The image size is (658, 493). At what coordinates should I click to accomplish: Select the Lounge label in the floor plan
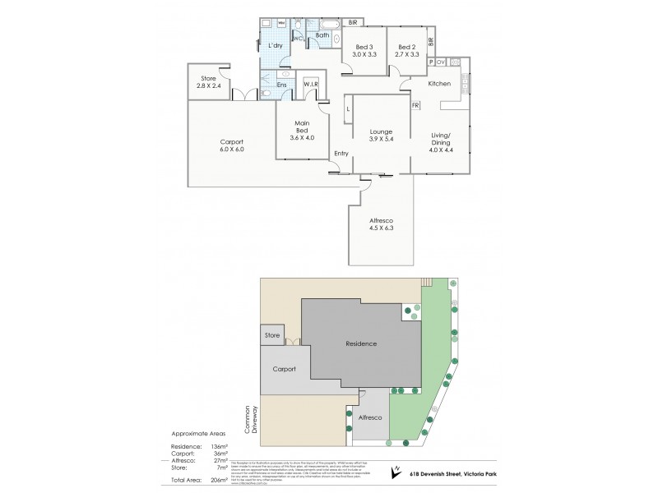(x=380, y=131)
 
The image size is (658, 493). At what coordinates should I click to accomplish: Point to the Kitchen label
(x=438, y=83)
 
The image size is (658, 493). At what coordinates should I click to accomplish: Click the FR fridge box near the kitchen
(x=415, y=105)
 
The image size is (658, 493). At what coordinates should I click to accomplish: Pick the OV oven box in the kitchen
(x=441, y=62)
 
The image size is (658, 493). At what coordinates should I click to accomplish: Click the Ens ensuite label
(x=282, y=84)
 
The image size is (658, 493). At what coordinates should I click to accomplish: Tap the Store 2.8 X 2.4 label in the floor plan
(x=208, y=84)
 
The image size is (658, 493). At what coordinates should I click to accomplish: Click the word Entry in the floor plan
(x=341, y=154)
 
